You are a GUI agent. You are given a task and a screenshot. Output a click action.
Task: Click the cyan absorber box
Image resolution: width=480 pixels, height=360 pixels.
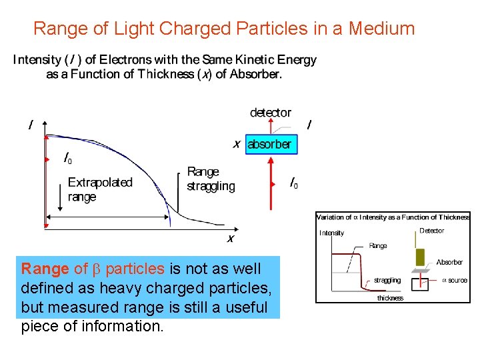click(x=270, y=144)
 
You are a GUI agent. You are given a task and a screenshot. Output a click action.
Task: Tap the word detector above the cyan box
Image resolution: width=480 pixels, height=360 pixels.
click(x=270, y=113)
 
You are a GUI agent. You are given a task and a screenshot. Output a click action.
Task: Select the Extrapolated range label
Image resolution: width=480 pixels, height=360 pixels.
click(x=100, y=189)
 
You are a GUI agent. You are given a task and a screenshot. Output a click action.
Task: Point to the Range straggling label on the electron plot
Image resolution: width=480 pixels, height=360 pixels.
click(x=211, y=179)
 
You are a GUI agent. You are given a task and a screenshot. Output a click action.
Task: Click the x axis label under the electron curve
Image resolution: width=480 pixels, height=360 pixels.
click(x=231, y=238)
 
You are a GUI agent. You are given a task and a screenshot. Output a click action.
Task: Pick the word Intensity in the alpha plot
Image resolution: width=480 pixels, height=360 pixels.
click(x=332, y=233)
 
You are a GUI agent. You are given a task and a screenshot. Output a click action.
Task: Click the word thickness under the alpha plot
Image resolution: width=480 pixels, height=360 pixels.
click(x=390, y=298)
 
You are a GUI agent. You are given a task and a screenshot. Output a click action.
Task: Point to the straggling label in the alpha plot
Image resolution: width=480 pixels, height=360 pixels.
click(x=387, y=281)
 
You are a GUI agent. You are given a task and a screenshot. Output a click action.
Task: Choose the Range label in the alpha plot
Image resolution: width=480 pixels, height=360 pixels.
click(x=378, y=246)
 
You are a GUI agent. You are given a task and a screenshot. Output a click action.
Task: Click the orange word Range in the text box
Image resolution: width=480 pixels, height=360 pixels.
click(x=45, y=269)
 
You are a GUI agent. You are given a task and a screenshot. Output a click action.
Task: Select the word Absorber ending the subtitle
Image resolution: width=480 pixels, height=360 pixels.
click(x=255, y=74)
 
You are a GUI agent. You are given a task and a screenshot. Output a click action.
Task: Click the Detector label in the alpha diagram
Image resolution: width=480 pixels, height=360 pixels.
click(x=431, y=231)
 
